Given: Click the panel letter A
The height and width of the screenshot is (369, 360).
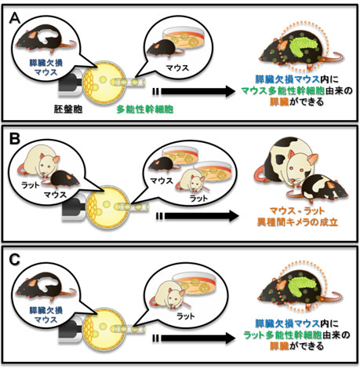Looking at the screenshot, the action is (x=14, y=19).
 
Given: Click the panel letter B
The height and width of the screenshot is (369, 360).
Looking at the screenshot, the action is (x=14, y=139).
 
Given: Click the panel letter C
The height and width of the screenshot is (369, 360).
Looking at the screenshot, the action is (x=14, y=260).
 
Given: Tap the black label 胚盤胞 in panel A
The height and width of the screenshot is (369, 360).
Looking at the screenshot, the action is (x=68, y=109).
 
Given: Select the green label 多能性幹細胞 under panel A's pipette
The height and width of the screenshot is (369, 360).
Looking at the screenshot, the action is (x=144, y=109).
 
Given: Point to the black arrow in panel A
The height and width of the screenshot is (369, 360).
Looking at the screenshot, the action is (x=194, y=91).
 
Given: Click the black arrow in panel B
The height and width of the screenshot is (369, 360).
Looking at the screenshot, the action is (x=198, y=216).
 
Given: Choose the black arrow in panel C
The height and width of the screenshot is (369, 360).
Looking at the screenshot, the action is (x=194, y=338).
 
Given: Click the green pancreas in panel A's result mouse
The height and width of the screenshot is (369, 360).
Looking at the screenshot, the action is (x=303, y=47).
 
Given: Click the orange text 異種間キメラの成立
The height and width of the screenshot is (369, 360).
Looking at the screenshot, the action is (x=297, y=223).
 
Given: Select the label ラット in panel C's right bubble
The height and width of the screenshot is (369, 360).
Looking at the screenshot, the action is (x=185, y=316).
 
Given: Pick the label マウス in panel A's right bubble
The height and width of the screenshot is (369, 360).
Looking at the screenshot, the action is (x=177, y=68).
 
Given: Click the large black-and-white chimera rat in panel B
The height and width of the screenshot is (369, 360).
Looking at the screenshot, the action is (x=285, y=160).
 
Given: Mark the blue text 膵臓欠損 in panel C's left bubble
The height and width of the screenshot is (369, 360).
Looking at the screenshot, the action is (x=46, y=311).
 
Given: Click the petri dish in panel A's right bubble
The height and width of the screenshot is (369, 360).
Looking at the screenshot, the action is (x=184, y=38).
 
